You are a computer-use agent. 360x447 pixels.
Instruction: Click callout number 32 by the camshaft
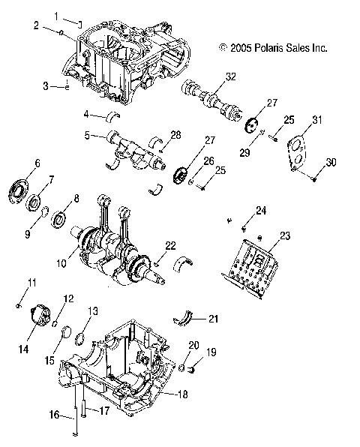pyautogui.click(x=230, y=76)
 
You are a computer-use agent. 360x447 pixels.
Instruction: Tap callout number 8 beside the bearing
pyautogui.click(x=76, y=199)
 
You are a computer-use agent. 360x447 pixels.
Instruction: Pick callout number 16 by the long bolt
pyautogui.click(x=54, y=413)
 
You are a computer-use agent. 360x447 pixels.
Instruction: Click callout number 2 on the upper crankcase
pyautogui.click(x=35, y=25)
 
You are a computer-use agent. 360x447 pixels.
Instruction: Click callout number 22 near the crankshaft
pyautogui.click(x=170, y=245)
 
